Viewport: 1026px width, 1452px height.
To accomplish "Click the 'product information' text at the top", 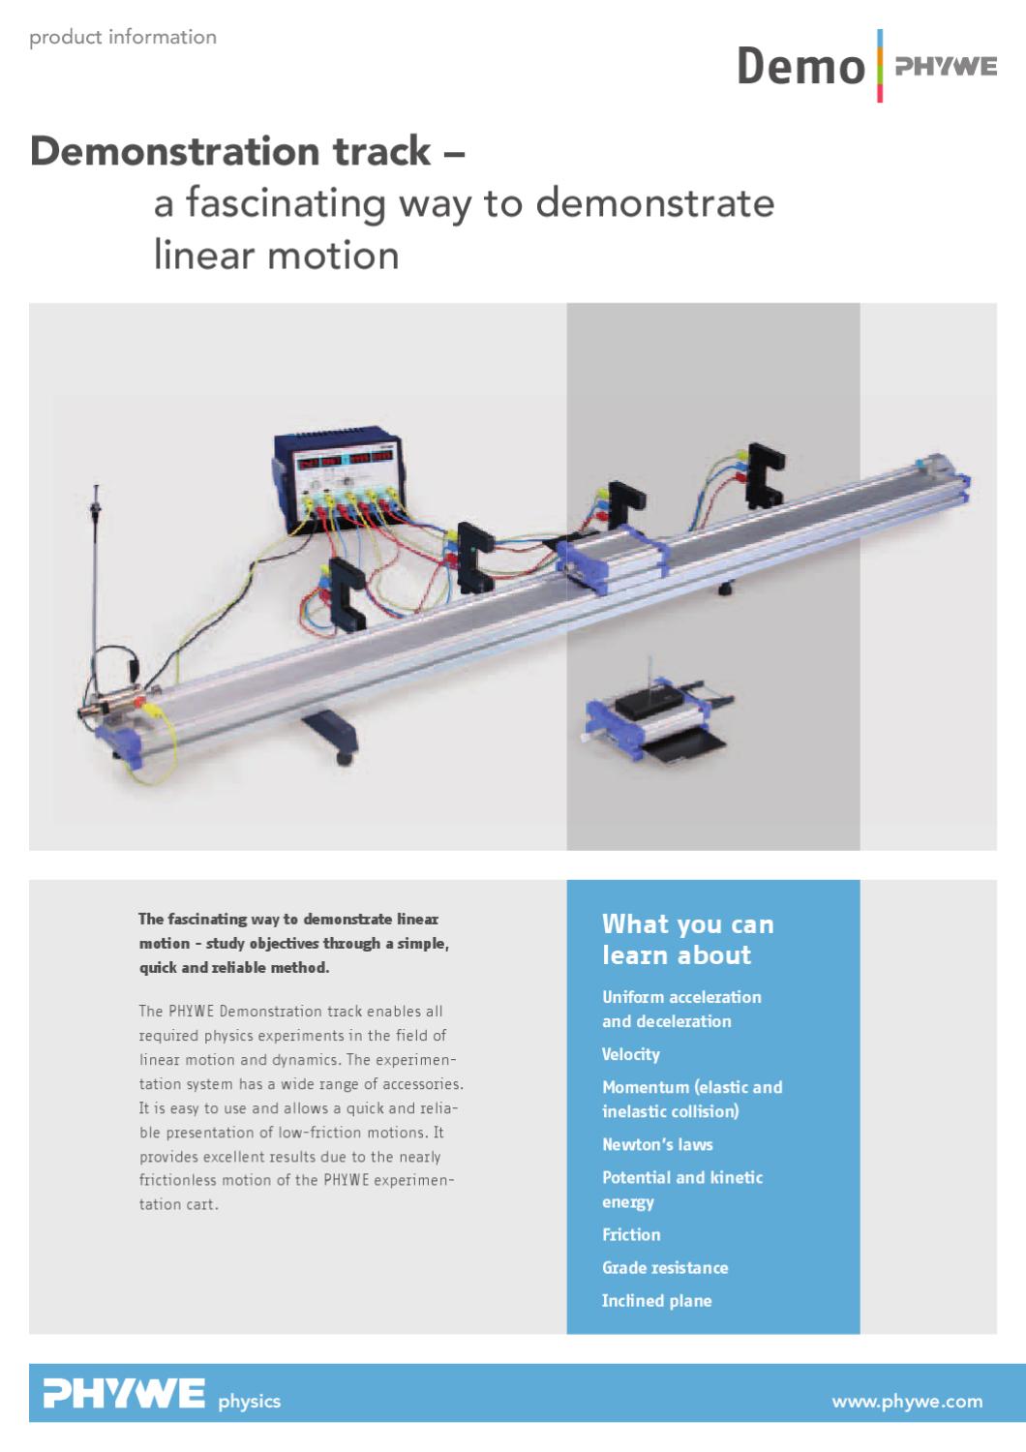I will pos(123,38).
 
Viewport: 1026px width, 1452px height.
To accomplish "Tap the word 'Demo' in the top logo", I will pos(800,68).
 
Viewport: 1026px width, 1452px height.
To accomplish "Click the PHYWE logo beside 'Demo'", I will pos(944,67).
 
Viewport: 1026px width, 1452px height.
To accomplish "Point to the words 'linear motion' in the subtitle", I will pos(276,256).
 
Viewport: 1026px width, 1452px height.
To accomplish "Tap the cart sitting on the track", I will pos(618,559).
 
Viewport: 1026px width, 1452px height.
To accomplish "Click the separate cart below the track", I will pos(654,722).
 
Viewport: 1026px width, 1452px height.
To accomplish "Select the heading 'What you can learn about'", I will pos(687,939).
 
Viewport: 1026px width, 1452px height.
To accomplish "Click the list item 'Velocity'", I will pos(631,1054).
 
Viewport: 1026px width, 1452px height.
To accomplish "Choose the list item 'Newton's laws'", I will pos(657,1144).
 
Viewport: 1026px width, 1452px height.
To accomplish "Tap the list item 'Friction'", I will pos(631,1234).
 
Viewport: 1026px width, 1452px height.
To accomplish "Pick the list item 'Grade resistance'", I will pos(665,1267).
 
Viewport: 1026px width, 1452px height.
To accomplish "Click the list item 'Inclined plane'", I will pos(656,1300).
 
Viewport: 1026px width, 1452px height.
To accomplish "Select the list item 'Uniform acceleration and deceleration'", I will pos(681,1009).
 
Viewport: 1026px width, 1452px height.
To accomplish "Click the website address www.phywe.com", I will pos(907,1401).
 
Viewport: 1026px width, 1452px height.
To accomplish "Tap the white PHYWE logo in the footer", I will pos(124,1395).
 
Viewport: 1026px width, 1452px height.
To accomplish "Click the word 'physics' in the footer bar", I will pos(250,1401).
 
